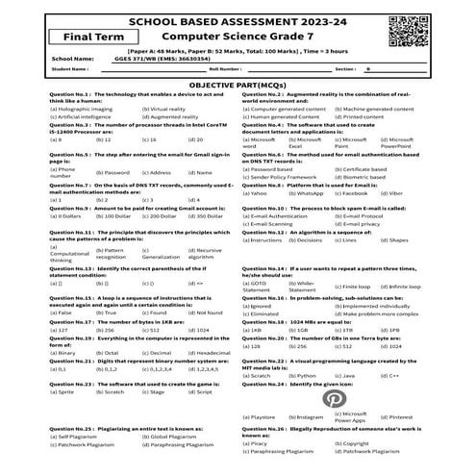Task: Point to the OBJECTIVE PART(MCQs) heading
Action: click(237, 84)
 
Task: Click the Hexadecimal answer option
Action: click(212, 353)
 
